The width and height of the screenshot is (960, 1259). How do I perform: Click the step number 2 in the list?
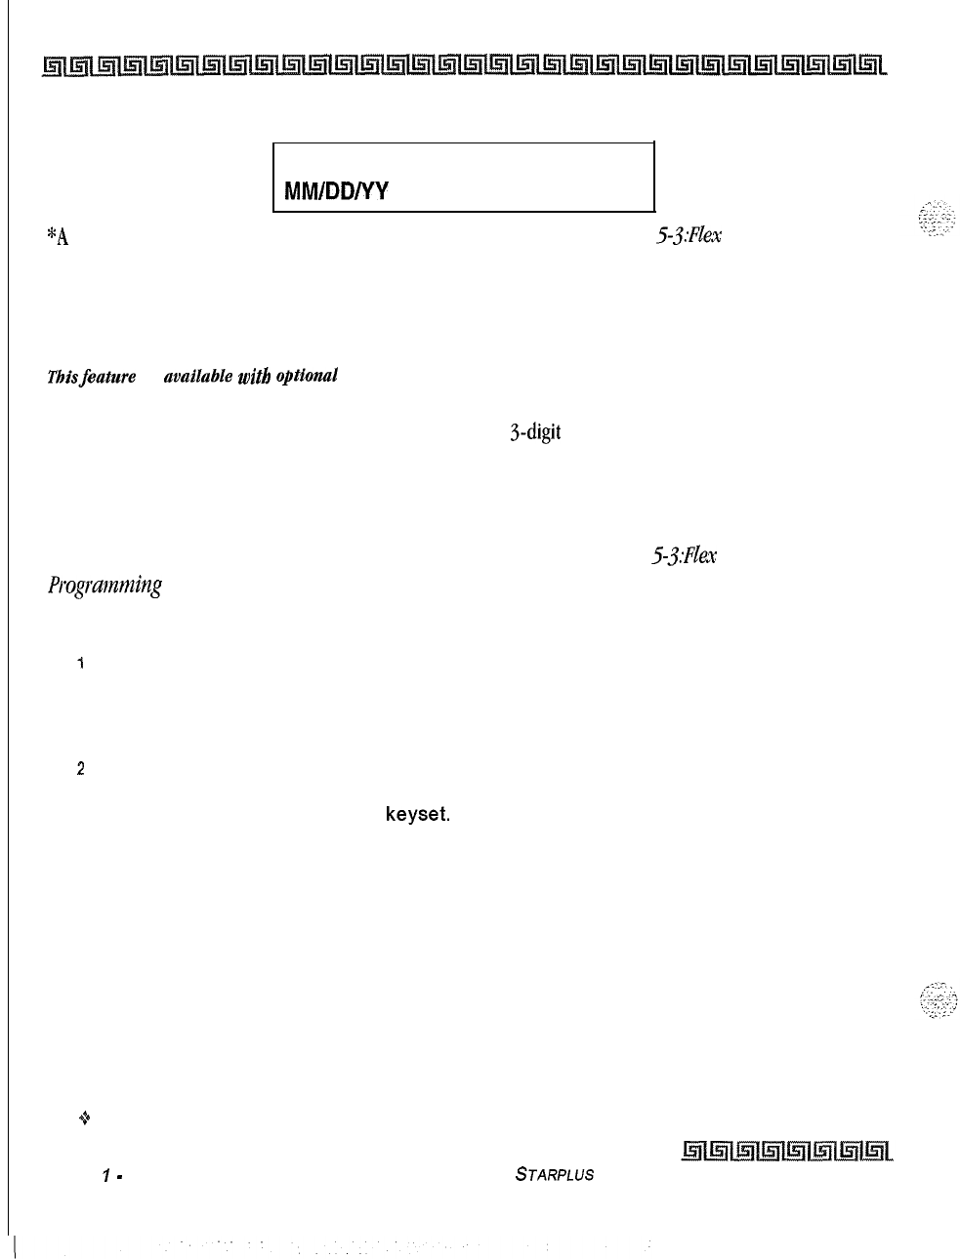(82, 769)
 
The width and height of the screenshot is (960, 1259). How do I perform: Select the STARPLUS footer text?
(554, 1175)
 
